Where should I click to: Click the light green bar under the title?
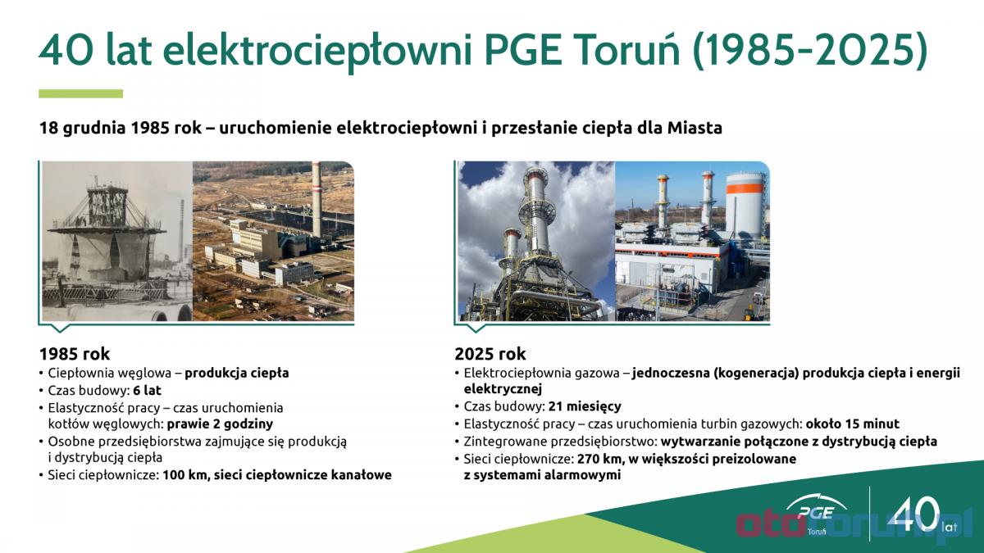81,93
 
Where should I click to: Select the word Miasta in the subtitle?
695,128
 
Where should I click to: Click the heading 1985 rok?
75,354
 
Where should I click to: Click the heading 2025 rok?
490,354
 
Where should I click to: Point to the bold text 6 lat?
147,390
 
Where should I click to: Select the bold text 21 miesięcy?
585,406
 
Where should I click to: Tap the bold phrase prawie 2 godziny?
220,424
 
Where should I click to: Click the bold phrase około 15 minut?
852,424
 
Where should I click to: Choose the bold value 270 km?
600,459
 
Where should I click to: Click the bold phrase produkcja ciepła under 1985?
237,374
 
